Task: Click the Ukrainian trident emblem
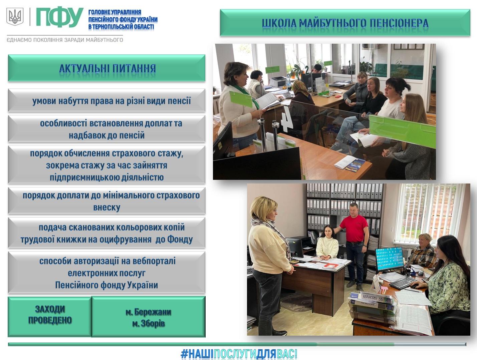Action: coord(15,16)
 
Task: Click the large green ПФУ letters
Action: coord(59,17)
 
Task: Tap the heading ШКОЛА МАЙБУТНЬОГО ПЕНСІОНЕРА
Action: coord(345,23)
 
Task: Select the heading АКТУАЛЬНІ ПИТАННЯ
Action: coord(107,69)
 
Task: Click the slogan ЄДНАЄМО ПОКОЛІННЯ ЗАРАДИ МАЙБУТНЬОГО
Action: coord(65,40)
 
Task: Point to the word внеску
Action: coord(107,207)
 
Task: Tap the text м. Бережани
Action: coord(149,312)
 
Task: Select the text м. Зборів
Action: coord(149,324)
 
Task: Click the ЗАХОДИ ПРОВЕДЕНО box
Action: coord(50,317)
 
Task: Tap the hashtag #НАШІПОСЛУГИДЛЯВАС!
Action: coord(239,354)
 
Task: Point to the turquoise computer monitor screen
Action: coord(390,259)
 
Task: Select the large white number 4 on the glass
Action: coord(287,119)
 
